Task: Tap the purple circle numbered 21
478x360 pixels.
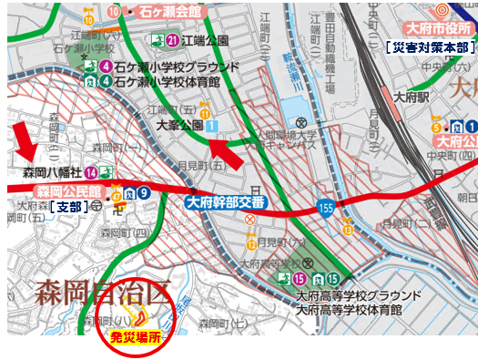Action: (173, 40)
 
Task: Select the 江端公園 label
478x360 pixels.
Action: (206, 40)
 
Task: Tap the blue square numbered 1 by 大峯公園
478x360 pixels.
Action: (211, 124)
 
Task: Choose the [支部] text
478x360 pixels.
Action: (67, 207)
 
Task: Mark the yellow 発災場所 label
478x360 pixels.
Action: (135, 336)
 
